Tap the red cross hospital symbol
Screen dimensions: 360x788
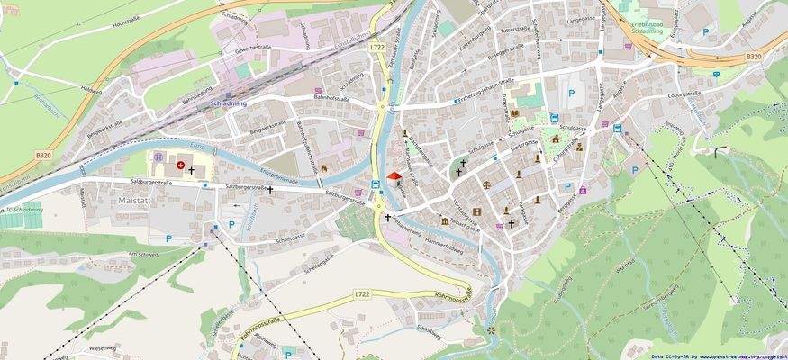(x=180, y=166)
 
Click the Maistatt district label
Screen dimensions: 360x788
(x=134, y=200)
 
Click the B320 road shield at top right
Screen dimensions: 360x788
(x=753, y=56)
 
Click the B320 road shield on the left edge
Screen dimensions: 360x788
(x=43, y=155)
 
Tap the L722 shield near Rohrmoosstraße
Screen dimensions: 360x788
(x=362, y=294)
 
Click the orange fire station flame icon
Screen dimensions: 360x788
(x=324, y=167)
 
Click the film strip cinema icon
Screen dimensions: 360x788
(x=476, y=212)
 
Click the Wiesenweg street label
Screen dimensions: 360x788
(x=102, y=346)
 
